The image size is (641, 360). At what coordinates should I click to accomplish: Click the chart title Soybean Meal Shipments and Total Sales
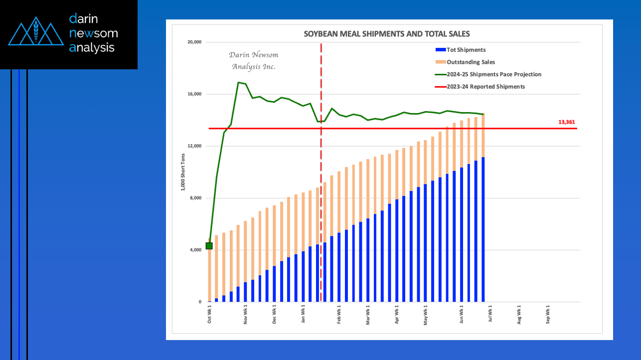point(387,34)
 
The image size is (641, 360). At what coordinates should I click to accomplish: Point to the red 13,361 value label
point(567,122)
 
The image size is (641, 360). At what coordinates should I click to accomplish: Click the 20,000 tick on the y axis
point(194,42)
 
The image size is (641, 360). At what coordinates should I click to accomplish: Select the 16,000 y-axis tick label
point(194,94)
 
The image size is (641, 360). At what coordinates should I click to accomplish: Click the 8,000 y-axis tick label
point(195,198)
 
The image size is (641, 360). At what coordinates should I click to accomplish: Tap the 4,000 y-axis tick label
point(195,250)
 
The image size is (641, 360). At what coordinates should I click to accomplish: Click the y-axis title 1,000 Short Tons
point(183,172)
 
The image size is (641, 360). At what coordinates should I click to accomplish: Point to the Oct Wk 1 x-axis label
point(209,315)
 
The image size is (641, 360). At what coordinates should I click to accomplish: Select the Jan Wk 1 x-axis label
point(304,315)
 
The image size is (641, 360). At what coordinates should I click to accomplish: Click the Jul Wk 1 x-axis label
point(491,315)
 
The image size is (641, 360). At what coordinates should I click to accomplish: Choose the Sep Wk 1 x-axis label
point(549,315)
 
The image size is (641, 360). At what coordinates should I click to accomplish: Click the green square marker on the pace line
point(209,246)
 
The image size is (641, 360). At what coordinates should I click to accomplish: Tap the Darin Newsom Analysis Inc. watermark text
point(254,61)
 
